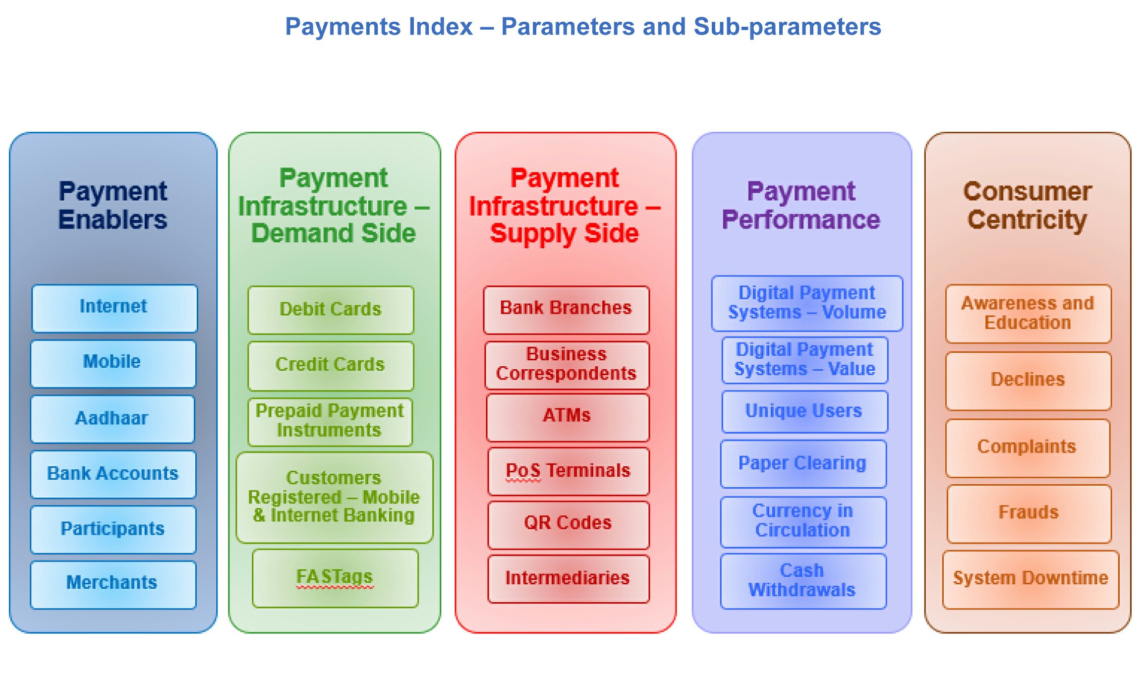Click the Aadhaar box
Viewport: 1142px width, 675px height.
tap(113, 419)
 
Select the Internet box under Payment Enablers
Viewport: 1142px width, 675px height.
tap(114, 308)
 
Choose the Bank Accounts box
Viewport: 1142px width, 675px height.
tap(113, 474)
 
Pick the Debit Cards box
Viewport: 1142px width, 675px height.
tap(331, 310)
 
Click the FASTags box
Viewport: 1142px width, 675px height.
tap(335, 578)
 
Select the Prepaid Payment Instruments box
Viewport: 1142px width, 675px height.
tap(330, 422)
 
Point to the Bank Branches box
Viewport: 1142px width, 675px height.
tap(566, 310)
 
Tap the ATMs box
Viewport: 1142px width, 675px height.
tap(568, 417)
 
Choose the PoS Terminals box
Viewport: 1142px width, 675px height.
tap(569, 471)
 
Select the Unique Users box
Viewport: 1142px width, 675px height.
tap(804, 411)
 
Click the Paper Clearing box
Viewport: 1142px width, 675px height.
tap(803, 463)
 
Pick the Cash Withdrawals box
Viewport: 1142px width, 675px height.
tap(803, 581)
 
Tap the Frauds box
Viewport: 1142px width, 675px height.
tap(1029, 514)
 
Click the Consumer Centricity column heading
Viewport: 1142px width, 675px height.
tap(1028, 206)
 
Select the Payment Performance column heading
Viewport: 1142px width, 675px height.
tap(801, 206)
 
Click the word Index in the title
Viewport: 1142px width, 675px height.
tap(439, 27)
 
